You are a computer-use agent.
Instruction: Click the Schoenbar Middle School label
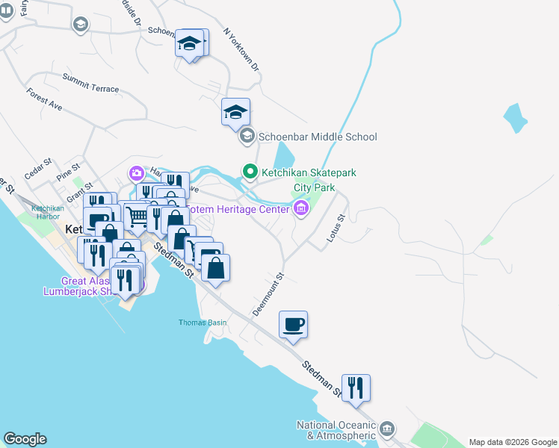tap(317, 137)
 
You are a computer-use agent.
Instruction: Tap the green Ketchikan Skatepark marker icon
tap(250, 172)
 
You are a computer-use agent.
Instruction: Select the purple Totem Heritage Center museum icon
tap(301, 208)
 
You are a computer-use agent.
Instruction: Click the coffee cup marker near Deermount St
tap(293, 325)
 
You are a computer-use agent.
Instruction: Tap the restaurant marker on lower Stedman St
tap(356, 388)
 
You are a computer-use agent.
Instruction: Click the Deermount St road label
tap(269, 293)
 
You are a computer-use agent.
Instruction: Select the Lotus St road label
tap(335, 228)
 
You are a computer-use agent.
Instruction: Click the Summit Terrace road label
tap(90, 83)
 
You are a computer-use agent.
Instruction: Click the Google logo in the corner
tap(25, 439)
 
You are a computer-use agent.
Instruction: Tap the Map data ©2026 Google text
tap(512, 442)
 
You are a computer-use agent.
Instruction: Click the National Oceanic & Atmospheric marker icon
tap(386, 429)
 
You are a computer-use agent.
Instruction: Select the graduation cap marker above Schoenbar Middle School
tap(235, 112)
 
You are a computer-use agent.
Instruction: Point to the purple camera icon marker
tap(136, 174)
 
